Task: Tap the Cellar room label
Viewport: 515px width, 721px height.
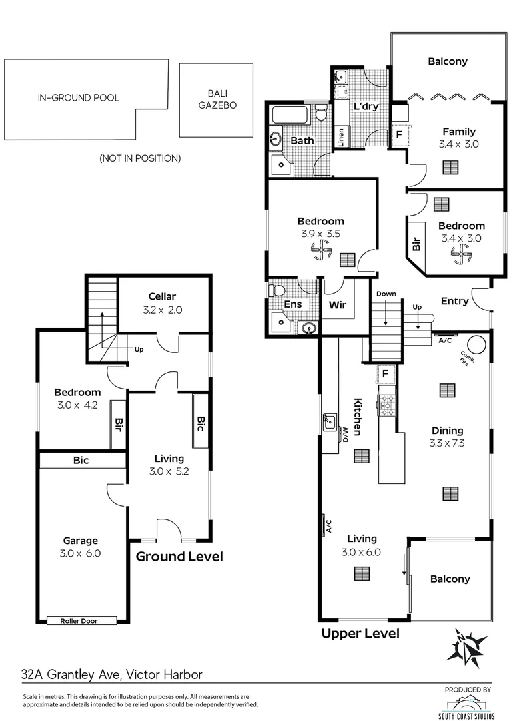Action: [x=161, y=296]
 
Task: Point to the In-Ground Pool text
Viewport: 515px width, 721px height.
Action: [x=79, y=98]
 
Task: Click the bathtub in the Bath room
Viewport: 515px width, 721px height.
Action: [x=288, y=116]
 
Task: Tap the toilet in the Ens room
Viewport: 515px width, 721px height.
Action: [x=276, y=291]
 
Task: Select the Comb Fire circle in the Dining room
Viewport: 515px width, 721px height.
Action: [x=476, y=344]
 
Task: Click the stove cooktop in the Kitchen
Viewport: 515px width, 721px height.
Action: [x=388, y=402]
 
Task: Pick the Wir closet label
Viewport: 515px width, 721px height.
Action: [x=337, y=306]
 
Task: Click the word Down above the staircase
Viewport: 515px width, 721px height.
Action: [x=386, y=294]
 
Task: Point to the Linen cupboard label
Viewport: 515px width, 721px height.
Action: [x=341, y=138]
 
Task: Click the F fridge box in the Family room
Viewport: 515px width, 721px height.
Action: [x=399, y=135]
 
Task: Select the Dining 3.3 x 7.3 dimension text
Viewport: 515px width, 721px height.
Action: [x=447, y=443]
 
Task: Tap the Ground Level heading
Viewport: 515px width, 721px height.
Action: [x=180, y=557]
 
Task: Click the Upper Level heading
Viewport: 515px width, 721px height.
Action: [x=360, y=634]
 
